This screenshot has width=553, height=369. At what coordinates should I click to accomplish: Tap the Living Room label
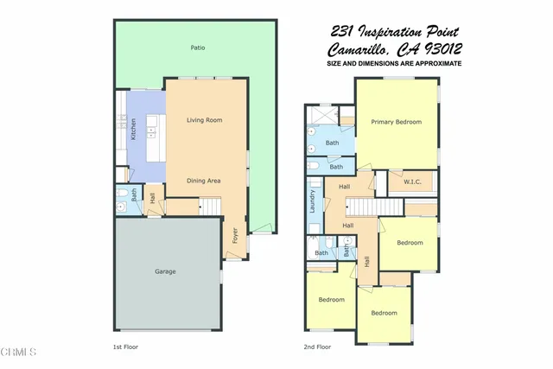205,119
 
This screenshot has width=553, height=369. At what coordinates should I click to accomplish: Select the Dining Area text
205,181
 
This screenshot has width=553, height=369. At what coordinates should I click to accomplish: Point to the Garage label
165,271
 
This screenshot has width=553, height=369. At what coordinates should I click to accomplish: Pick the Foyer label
235,235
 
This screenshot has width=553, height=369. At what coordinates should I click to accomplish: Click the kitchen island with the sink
152,133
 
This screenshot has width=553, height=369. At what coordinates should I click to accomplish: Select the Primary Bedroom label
396,122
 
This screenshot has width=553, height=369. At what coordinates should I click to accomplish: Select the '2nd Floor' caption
317,346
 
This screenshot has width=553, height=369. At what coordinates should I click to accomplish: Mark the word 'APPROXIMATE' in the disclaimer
434,64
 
